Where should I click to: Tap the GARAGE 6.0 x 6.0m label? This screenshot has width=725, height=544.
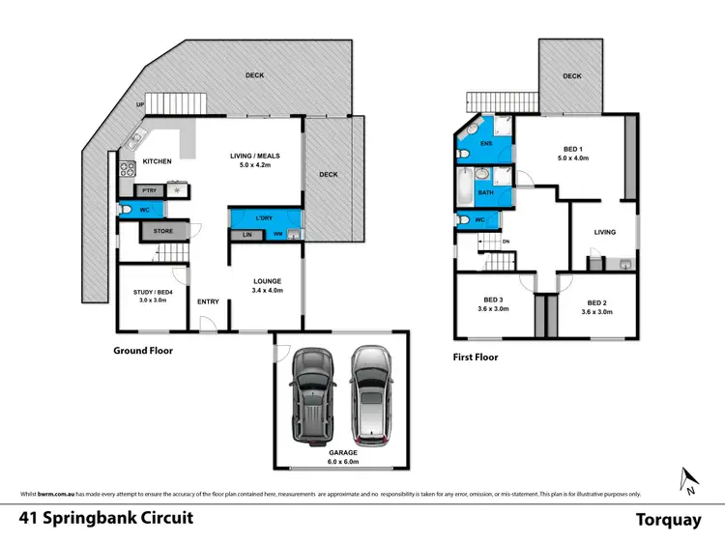click(342, 457)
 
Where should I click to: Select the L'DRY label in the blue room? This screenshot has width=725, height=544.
click(266, 216)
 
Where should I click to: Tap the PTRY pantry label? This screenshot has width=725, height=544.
click(149, 191)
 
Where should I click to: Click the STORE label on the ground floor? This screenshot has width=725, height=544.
click(163, 232)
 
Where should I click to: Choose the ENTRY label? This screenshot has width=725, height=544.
click(208, 301)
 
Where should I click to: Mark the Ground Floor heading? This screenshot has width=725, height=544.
click(143, 351)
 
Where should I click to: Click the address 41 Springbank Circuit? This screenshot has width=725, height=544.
click(106, 518)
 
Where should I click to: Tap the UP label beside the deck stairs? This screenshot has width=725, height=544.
click(141, 105)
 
